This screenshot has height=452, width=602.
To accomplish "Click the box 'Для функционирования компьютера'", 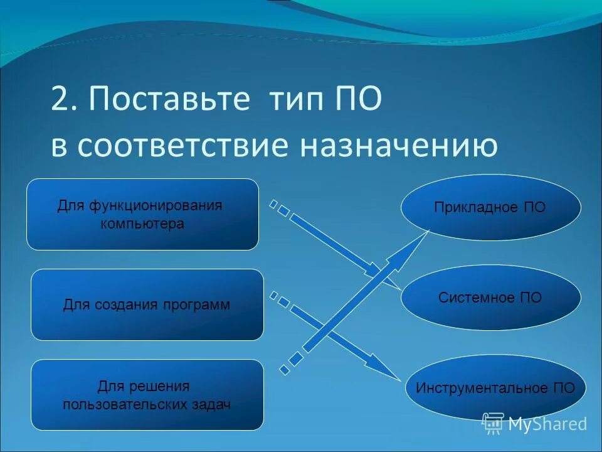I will tap(142, 214).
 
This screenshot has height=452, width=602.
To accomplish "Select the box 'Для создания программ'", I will tap(147, 305).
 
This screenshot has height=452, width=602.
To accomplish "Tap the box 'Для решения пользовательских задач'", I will tap(147, 395).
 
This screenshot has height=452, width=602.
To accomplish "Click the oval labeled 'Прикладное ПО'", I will tap(490, 208).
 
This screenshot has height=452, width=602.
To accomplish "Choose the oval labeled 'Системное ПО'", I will tap(490, 298).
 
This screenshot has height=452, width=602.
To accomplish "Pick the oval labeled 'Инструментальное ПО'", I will tap(495, 387).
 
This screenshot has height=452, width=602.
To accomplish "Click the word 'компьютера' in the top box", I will tap(142, 223).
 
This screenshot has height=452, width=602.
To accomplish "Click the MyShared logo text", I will tap(547, 424).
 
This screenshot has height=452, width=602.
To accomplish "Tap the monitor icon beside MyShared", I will tap(493, 423).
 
